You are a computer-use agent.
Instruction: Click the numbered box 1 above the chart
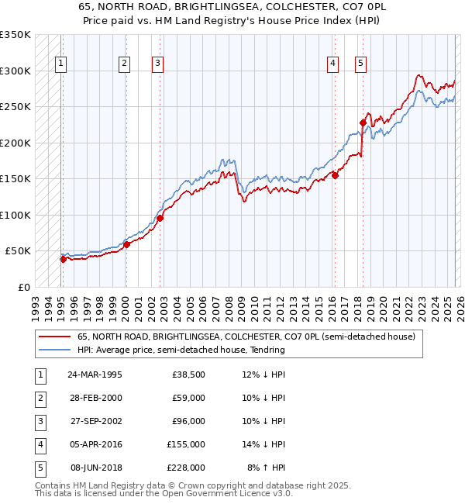coord(61,64)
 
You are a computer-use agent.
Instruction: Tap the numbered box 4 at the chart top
coord(332,64)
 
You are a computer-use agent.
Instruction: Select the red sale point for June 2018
coord(362,123)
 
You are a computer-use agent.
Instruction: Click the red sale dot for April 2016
coord(335,175)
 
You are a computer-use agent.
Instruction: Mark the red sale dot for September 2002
coord(160,218)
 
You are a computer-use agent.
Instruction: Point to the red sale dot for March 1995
coord(63,259)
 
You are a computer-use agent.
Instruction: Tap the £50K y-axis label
coord(18,251)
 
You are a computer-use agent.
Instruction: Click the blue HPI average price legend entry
coord(181,350)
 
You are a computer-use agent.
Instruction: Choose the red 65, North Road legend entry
coord(246,337)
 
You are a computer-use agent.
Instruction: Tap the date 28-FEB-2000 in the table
coord(94,398)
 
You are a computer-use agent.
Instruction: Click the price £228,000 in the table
coord(188,468)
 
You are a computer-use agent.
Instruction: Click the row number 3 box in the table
coord(39,421)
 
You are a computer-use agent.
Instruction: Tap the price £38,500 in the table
coord(188,375)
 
